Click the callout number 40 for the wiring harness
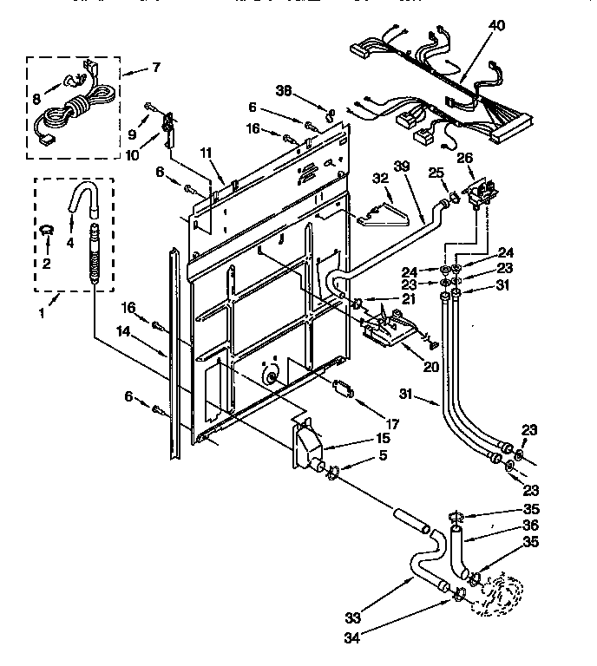(495, 26)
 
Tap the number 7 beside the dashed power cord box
(155, 66)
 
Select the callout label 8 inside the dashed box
(36, 100)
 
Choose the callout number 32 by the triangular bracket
(379, 178)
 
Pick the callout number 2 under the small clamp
(47, 263)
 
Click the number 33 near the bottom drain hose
(352, 618)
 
